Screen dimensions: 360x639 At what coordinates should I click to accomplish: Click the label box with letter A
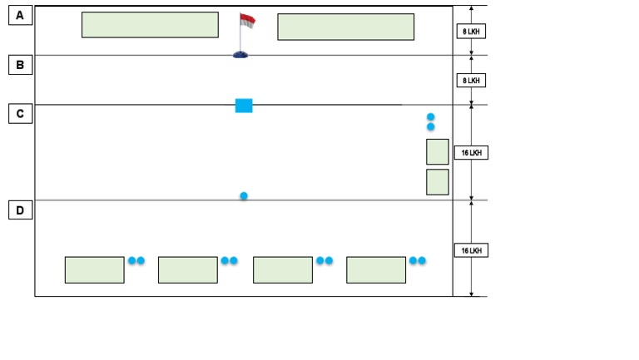click(x=20, y=15)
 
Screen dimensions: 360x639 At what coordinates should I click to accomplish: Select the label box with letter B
click(x=20, y=64)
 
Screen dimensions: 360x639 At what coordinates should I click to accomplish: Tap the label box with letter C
click(x=20, y=114)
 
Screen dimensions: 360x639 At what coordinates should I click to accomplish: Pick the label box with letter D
click(x=20, y=210)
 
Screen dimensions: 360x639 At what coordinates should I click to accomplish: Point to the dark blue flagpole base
click(x=240, y=54)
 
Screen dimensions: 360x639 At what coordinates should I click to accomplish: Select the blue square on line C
click(x=244, y=105)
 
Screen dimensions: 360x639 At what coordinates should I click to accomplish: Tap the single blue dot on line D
click(x=244, y=196)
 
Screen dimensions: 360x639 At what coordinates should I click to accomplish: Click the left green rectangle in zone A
click(x=150, y=25)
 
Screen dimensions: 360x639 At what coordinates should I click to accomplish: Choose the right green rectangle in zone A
click(x=345, y=27)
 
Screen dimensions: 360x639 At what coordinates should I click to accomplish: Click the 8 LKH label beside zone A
click(x=471, y=32)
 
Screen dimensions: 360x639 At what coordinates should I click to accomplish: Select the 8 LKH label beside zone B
click(x=471, y=81)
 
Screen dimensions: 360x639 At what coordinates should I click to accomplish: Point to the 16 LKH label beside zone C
click(x=471, y=153)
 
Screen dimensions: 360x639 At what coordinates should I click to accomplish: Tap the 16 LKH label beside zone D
click(x=471, y=250)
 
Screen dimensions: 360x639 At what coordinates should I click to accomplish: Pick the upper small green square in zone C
click(x=438, y=152)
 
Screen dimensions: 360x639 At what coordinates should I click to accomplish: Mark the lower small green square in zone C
click(x=438, y=182)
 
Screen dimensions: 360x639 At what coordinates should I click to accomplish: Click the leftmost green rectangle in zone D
click(x=95, y=269)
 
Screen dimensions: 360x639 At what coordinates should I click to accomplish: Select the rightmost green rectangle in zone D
click(x=376, y=269)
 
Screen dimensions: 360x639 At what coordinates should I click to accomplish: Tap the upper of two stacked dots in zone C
click(x=431, y=117)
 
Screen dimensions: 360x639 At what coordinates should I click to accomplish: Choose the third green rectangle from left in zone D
click(x=283, y=269)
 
